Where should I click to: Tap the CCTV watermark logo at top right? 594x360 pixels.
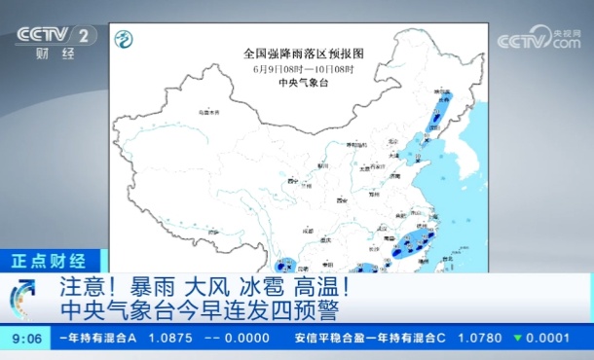tap(538, 41)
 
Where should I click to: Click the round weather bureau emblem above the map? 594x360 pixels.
tap(123, 39)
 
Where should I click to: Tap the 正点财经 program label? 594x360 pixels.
tap(49, 261)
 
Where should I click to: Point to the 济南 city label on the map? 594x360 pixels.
tap(396, 177)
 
